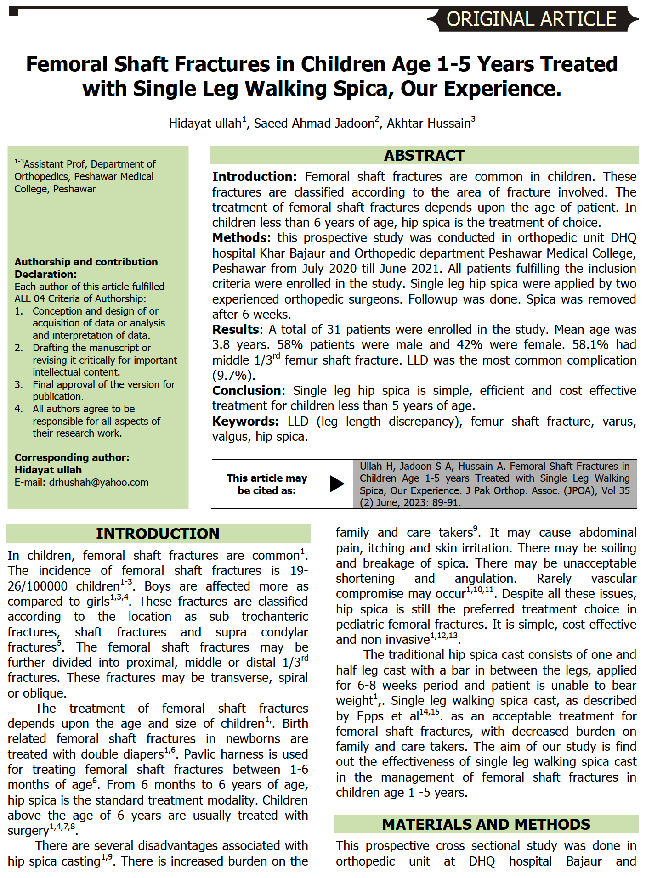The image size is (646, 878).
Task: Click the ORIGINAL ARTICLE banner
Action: (x=531, y=19)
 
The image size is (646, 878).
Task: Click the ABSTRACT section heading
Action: (x=424, y=155)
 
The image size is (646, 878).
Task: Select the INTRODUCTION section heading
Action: (x=158, y=534)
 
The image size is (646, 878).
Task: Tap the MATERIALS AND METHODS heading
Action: (x=486, y=824)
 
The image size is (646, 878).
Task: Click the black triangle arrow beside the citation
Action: (x=337, y=484)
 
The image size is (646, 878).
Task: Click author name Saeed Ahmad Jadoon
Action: (x=314, y=124)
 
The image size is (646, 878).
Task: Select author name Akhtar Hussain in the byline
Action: (x=428, y=124)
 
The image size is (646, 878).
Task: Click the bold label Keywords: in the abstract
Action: (x=245, y=421)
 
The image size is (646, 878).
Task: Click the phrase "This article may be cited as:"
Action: (x=266, y=484)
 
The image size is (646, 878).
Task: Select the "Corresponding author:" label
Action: (x=72, y=457)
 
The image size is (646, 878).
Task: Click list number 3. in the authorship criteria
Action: (x=18, y=384)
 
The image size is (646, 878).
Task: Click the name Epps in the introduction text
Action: (x=370, y=716)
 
